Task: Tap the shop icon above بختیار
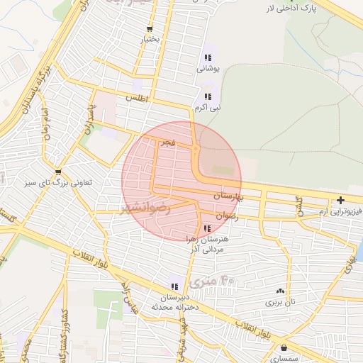coord(148,29)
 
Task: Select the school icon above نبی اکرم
coord(208,96)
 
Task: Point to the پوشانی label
coord(208,69)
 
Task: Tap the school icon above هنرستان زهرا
coord(206,228)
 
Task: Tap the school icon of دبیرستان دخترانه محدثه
coord(174,286)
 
